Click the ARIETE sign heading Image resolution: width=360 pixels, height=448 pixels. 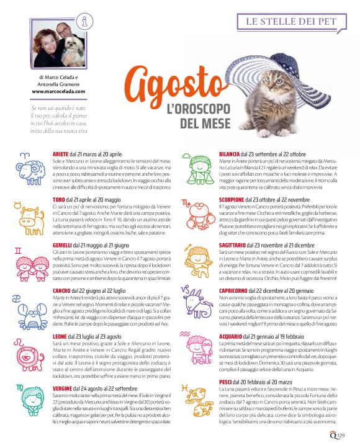(61, 153)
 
